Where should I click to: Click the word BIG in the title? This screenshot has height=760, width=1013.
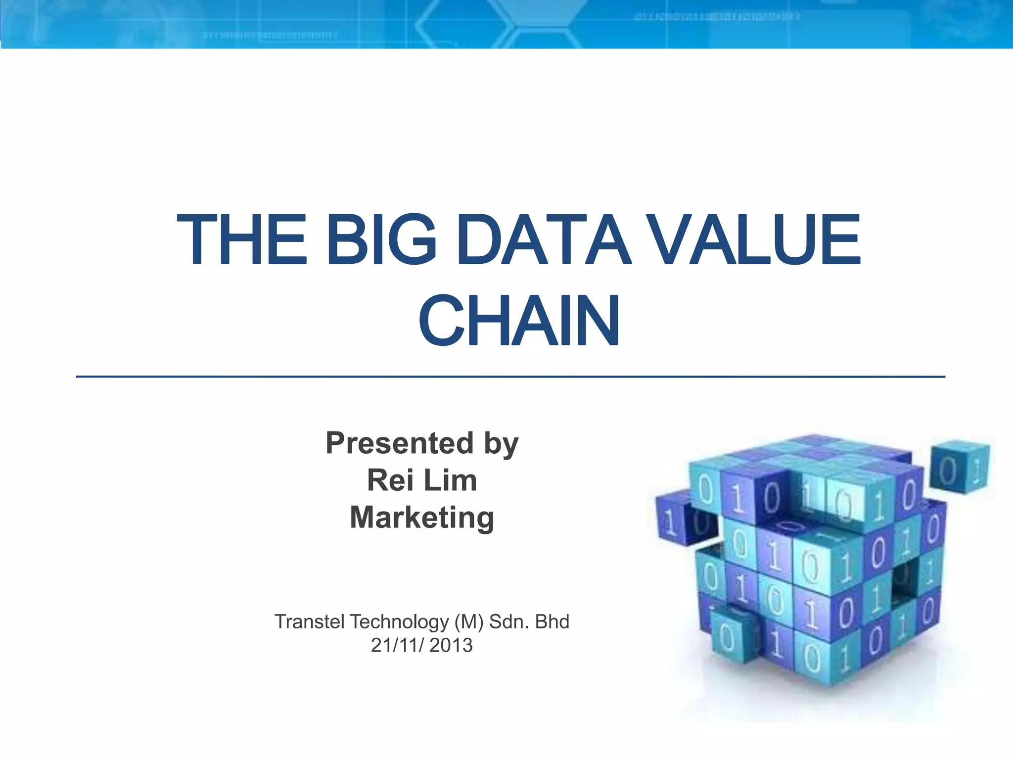381,239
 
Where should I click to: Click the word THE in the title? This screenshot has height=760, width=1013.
242,239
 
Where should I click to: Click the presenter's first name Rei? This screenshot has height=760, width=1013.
390,480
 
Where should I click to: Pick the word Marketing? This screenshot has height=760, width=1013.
422,518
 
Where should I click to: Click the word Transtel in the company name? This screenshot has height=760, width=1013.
309,622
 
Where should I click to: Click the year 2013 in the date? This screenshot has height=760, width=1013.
451,646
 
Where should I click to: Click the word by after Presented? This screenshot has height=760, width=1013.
501,444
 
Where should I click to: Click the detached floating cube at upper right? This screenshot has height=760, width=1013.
960,467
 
